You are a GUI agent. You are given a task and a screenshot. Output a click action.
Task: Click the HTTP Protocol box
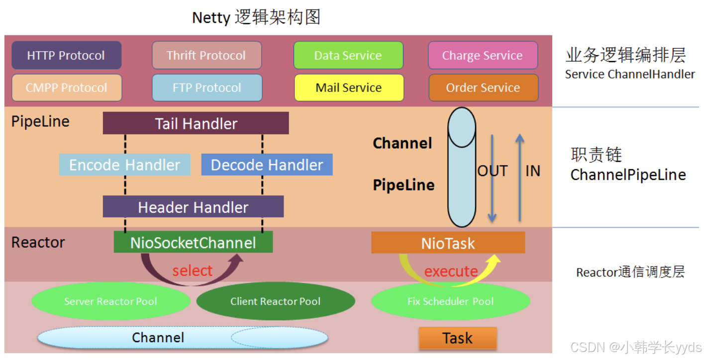[x=66, y=55]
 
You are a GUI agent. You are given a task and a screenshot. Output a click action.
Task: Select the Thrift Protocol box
[x=206, y=55]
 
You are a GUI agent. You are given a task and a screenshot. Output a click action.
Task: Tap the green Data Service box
[x=348, y=55]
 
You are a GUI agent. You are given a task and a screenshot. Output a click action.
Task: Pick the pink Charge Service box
[x=483, y=55]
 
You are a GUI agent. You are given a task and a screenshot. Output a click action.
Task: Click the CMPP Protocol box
[x=66, y=88]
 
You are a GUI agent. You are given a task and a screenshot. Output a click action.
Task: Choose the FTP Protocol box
[x=206, y=88]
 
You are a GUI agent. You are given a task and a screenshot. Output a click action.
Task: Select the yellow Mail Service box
[x=348, y=88]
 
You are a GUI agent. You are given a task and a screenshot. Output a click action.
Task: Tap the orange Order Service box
[x=483, y=88]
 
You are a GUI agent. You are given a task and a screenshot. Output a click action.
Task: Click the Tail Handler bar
[x=196, y=123]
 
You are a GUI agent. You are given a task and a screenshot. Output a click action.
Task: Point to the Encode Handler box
[x=124, y=165]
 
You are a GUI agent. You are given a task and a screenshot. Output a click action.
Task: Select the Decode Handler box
[x=267, y=165]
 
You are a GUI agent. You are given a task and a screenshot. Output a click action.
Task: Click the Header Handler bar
[x=193, y=207]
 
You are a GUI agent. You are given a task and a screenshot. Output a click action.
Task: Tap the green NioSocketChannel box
[x=193, y=242]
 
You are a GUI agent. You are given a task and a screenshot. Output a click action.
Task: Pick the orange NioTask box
[x=448, y=243]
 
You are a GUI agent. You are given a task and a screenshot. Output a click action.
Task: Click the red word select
[x=193, y=270]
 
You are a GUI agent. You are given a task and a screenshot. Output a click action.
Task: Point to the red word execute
[x=451, y=271]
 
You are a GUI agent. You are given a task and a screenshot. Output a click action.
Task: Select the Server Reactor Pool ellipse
[x=110, y=301]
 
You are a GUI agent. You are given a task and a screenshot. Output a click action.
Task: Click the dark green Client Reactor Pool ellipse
[x=276, y=301]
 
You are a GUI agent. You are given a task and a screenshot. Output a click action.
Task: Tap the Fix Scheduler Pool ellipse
[x=450, y=301]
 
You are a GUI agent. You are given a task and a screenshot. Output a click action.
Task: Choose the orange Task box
[x=457, y=338]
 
